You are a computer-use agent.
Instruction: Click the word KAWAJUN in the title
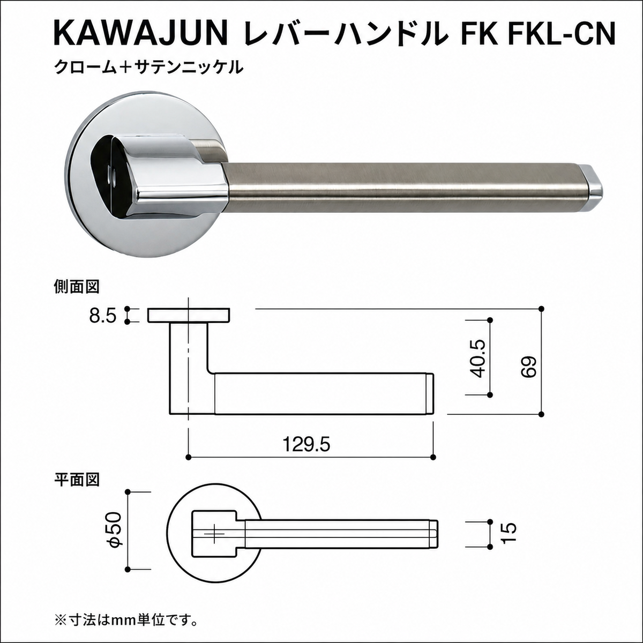140,34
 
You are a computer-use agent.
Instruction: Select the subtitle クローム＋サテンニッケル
148,68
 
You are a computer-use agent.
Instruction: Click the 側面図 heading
77,286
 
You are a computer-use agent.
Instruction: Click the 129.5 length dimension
306,444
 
